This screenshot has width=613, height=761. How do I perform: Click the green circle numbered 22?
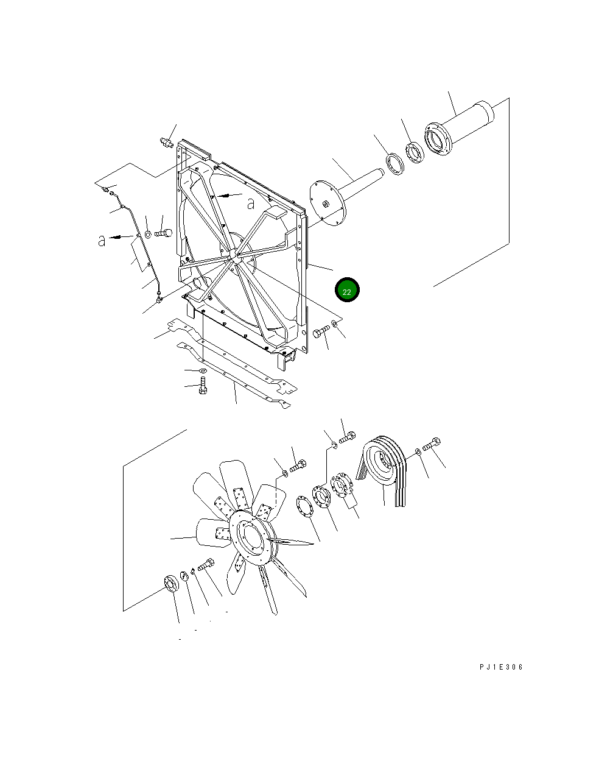(x=347, y=291)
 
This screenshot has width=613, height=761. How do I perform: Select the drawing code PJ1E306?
(x=500, y=667)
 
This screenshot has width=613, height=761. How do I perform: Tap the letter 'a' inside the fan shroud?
(x=251, y=204)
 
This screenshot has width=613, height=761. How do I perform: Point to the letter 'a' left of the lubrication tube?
(x=102, y=240)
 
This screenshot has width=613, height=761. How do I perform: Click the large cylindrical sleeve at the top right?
(x=469, y=125)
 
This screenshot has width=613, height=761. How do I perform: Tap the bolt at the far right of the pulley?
(x=432, y=445)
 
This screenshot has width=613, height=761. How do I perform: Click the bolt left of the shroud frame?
(x=164, y=232)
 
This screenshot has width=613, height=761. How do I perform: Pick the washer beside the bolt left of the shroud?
(x=147, y=234)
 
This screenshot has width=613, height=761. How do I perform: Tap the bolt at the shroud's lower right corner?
(x=320, y=332)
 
